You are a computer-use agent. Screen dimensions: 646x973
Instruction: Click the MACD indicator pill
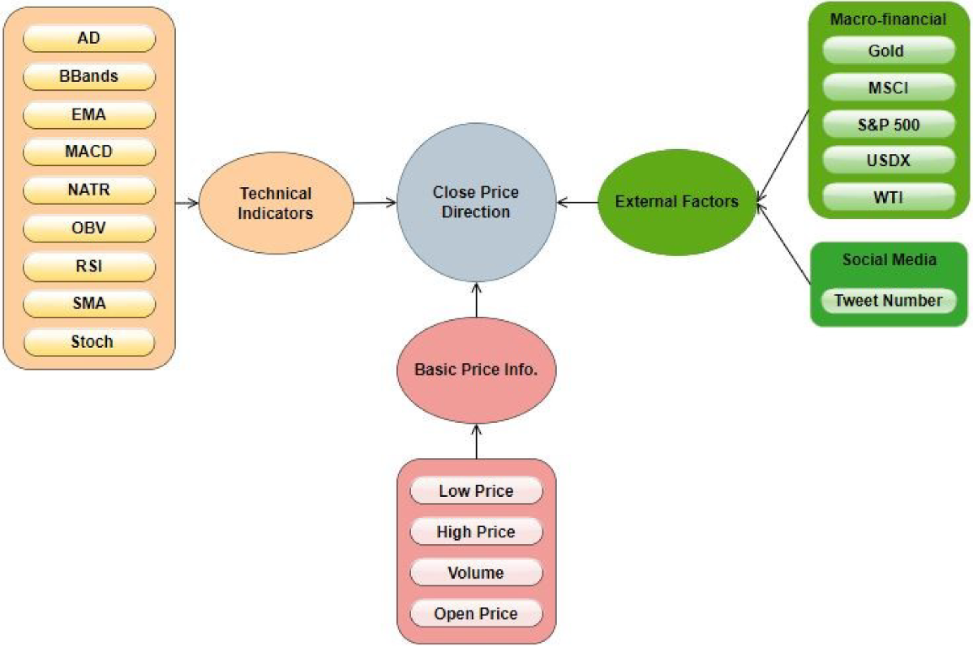[x=88, y=152]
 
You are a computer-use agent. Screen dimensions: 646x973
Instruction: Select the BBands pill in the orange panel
[x=88, y=76]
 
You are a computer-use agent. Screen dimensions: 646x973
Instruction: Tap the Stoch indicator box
[x=88, y=341]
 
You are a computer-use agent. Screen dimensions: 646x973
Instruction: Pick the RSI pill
[x=88, y=266]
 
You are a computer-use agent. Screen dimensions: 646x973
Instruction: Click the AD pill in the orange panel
[x=88, y=38]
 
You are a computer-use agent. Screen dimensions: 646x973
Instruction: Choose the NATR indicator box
[x=88, y=190]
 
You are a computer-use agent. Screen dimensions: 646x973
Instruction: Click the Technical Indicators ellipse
[x=276, y=203]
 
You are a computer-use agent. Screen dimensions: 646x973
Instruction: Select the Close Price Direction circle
[x=475, y=203]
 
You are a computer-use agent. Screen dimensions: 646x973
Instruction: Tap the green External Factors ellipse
[x=676, y=202]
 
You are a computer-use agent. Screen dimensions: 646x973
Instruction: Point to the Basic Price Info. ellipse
[x=476, y=370]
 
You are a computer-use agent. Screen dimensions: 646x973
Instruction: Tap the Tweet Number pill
[x=889, y=301]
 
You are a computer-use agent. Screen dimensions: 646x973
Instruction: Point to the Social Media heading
[x=889, y=259]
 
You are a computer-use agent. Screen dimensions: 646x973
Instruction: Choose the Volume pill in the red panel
[x=476, y=573]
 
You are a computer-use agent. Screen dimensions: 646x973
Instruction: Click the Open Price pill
[x=476, y=614]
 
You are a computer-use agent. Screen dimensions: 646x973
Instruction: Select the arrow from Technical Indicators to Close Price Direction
[x=374, y=203]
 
